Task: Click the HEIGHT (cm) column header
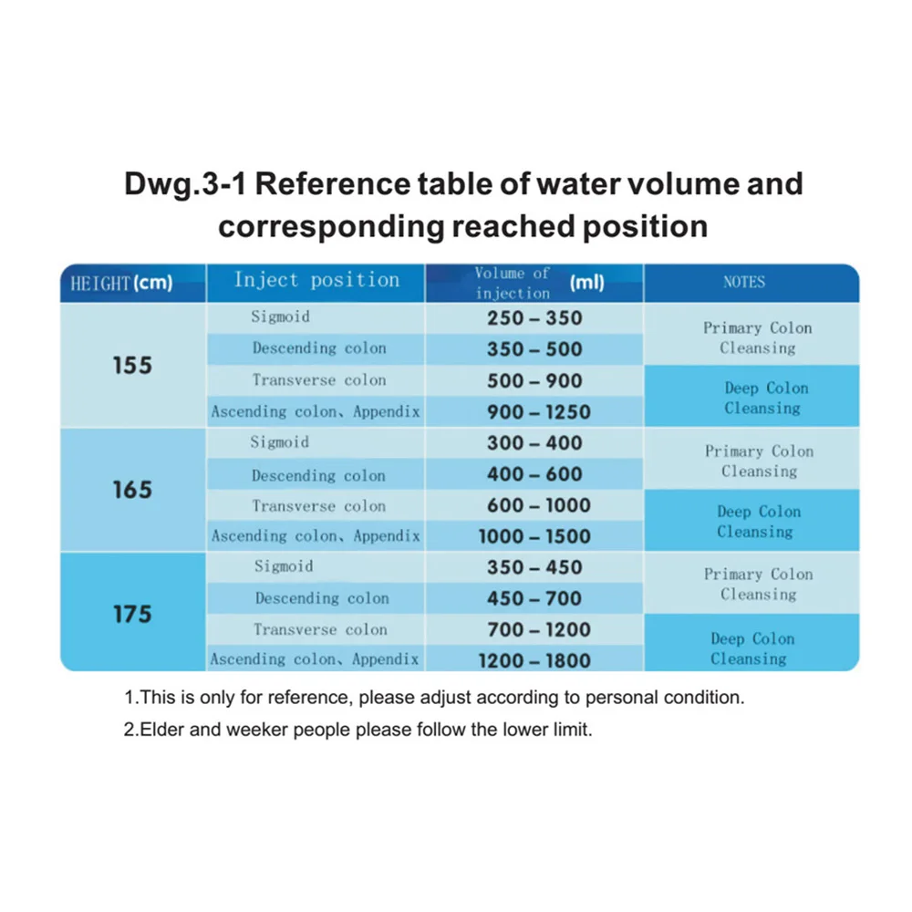click(x=121, y=284)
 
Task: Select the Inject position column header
click(x=316, y=280)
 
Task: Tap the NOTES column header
click(x=744, y=283)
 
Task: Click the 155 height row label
click(x=132, y=366)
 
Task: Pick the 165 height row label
click(x=132, y=490)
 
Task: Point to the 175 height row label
click(x=132, y=614)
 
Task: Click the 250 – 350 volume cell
click(x=534, y=318)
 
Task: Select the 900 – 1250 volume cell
click(x=534, y=412)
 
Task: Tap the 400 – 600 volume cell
click(x=534, y=475)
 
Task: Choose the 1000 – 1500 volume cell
click(x=534, y=537)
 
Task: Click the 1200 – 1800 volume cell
click(x=534, y=660)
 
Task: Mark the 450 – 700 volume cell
click(x=534, y=599)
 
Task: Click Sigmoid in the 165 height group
click(x=280, y=443)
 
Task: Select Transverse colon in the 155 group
click(x=319, y=380)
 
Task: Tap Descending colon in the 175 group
click(x=322, y=599)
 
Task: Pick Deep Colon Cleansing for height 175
click(x=751, y=648)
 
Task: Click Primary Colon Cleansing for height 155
click(x=757, y=337)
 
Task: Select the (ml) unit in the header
click(x=586, y=283)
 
